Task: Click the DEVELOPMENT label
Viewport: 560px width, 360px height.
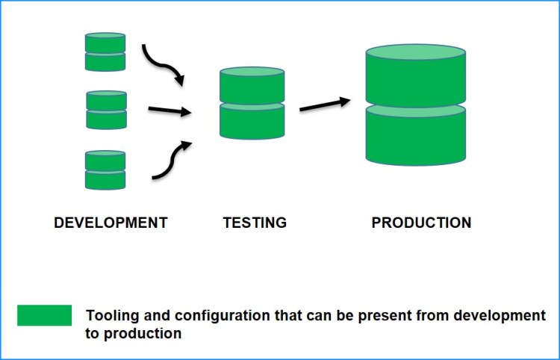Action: [x=111, y=223]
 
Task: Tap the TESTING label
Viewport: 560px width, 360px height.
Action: [x=255, y=223]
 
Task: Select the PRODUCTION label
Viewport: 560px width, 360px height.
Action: [x=421, y=223]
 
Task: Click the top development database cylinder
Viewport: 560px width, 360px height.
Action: [x=105, y=52]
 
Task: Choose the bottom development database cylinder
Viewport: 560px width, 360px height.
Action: [x=105, y=170]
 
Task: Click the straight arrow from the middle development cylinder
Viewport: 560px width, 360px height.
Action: [x=169, y=111]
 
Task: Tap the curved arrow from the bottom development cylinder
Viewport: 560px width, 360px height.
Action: [x=171, y=161]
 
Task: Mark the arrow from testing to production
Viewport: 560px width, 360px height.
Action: [x=325, y=104]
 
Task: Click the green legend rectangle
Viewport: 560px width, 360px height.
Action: [x=45, y=315]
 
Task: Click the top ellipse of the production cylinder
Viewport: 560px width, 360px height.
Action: [x=416, y=54]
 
